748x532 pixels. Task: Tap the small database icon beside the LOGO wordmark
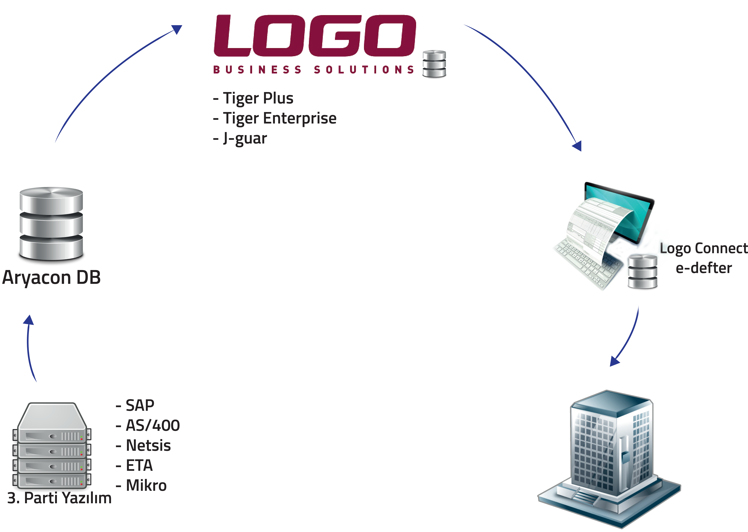coord(434,64)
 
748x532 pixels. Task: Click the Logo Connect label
coord(703,248)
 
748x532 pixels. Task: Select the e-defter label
coord(703,268)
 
